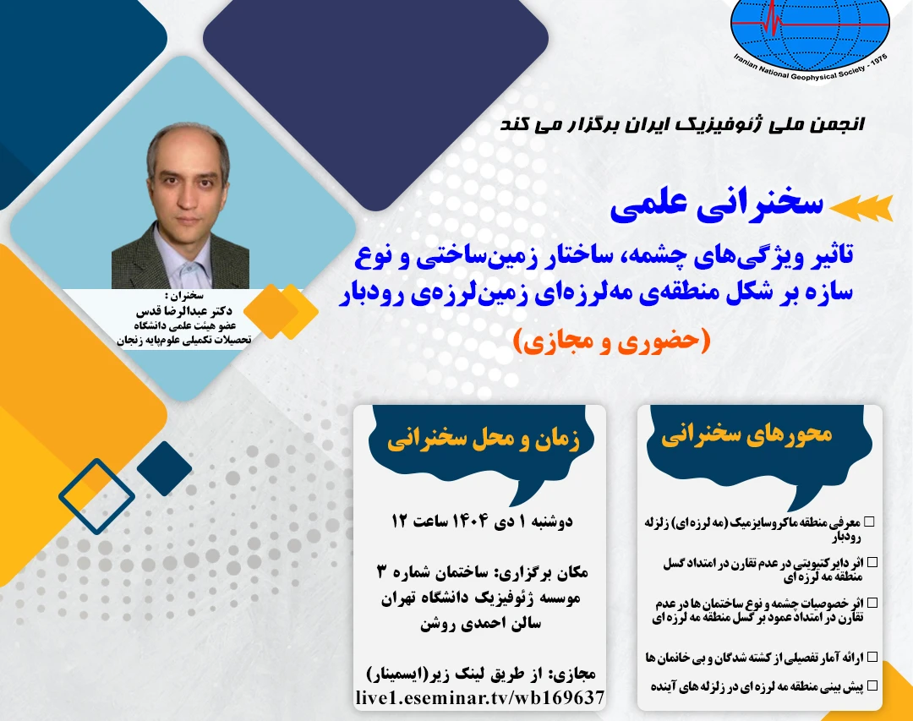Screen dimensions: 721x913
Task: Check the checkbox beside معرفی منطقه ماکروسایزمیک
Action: (870, 523)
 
